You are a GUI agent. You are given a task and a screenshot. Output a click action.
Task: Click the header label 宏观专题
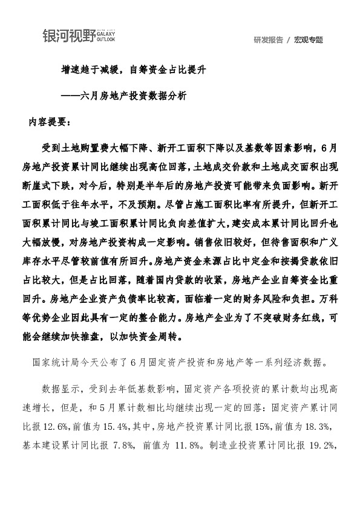[x=309, y=40]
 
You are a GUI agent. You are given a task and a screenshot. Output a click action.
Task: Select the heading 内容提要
[x=50, y=122]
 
